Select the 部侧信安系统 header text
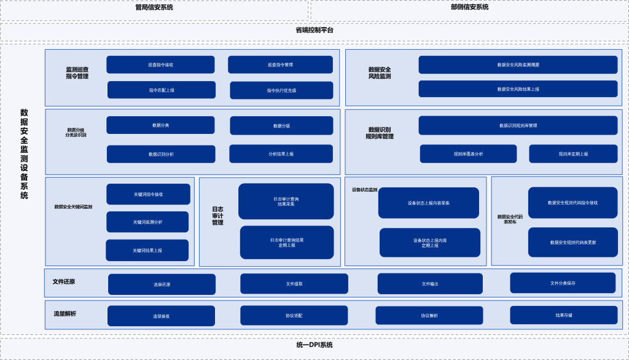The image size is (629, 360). coord(469,7)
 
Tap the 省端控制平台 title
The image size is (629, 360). coord(314,30)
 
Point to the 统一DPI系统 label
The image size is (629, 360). coord(314,345)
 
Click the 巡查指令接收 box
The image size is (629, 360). coord(160,65)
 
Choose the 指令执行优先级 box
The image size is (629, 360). coord(281,90)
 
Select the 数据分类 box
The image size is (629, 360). coord(160,125)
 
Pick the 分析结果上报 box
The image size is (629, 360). coord(281,154)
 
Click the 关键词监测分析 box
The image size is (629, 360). coord(147,222)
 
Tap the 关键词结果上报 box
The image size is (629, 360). coord(147,251)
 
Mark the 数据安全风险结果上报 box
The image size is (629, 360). coord(518,89)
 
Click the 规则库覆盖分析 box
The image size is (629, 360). coord(468,154)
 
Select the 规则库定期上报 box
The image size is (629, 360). coord(573,154)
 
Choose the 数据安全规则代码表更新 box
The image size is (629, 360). coord(572,242)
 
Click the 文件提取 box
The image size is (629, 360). coord(294,284)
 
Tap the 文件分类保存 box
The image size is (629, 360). coord(563,283)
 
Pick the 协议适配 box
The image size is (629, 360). coord(294,316)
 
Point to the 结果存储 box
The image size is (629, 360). coord(563,315)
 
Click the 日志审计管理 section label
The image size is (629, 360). coord(217,216)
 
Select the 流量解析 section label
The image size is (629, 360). coord(64,315)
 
